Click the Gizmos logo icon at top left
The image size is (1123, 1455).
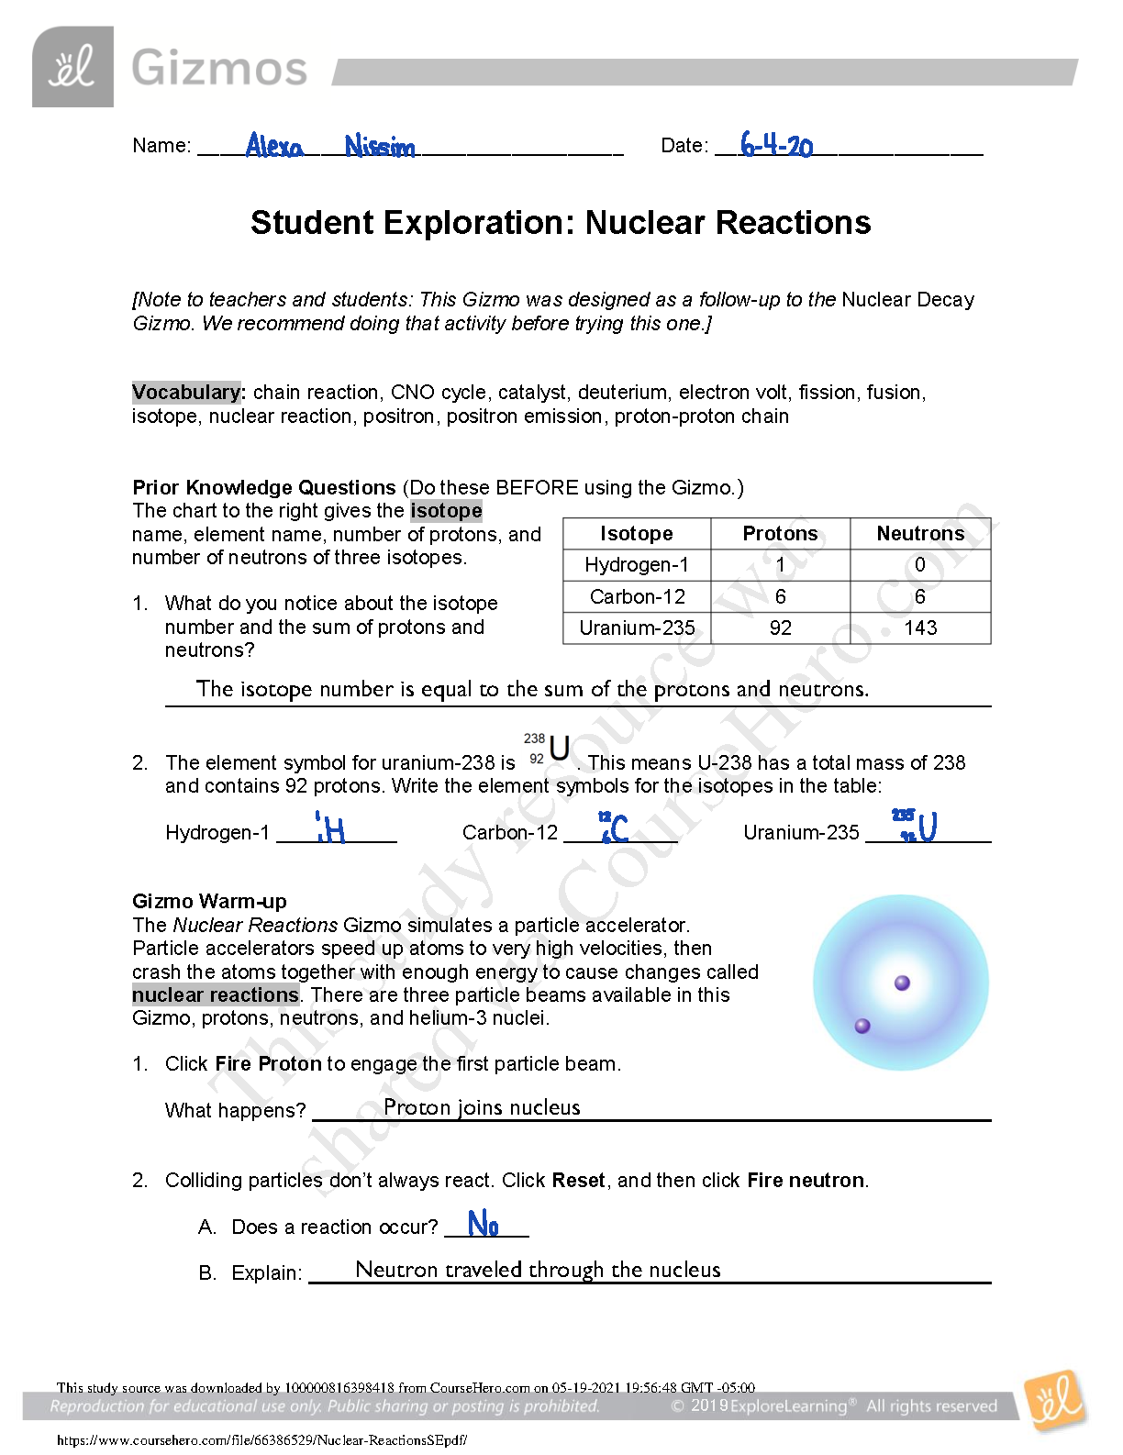tap(72, 67)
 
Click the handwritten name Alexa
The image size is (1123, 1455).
tap(274, 145)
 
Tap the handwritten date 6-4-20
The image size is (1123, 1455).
tap(776, 145)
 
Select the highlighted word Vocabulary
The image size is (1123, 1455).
tap(186, 392)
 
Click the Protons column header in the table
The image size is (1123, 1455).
tap(780, 533)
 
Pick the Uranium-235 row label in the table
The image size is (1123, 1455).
tap(637, 628)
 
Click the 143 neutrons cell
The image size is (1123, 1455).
tap(919, 628)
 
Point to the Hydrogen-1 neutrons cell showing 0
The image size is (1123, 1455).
tap(919, 564)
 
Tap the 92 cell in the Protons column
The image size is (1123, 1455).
tap(780, 628)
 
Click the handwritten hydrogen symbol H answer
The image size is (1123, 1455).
tap(331, 829)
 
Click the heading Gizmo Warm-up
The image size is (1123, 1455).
tap(209, 901)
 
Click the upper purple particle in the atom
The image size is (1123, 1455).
tap(902, 983)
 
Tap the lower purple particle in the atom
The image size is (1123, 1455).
tap(862, 1026)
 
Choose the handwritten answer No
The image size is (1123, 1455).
tap(483, 1224)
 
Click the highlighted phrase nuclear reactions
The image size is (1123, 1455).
tap(216, 994)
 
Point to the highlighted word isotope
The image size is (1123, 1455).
tap(446, 510)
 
